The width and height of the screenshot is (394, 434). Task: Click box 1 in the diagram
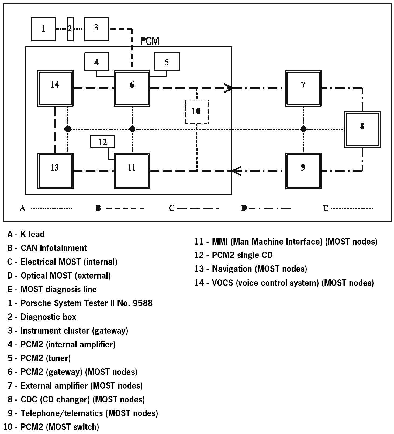pyautogui.click(x=43, y=29)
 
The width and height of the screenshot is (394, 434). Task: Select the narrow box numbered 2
pyautogui.click(x=70, y=29)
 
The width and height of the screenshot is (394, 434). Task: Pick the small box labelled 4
pyautogui.click(x=96, y=62)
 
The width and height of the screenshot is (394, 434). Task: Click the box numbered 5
pyautogui.click(x=167, y=62)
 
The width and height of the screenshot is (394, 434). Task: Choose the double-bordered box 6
pyautogui.click(x=132, y=88)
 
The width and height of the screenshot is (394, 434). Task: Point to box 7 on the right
pyautogui.click(x=303, y=88)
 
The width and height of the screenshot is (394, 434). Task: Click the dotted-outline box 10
pyautogui.click(x=197, y=112)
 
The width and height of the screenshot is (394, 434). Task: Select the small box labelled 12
pyautogui.click(x=102, y=142)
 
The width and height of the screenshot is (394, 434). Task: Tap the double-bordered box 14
pyautogui.click(x=55, y=88)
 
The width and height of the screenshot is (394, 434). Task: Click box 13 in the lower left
pyautogui.click(x=55, y=171)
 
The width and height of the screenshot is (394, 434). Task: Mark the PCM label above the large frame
pyautogui.click(x=150, y=41)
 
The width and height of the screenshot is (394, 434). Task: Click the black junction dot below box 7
pyautogui.click(x=303, y=129)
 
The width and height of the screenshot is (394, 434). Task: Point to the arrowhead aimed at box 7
pyautogui.click(x=229, y=88)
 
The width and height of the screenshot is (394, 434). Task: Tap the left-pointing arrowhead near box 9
pyautogui.click(x=236, y=171)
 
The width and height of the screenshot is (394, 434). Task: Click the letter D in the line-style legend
pyautogui.click(x=244, y=208)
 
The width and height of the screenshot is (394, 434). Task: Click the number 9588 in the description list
pyautogui.click(x=143, y=303)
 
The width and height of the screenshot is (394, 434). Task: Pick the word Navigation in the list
pyautogui.click(x=232, y=269)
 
